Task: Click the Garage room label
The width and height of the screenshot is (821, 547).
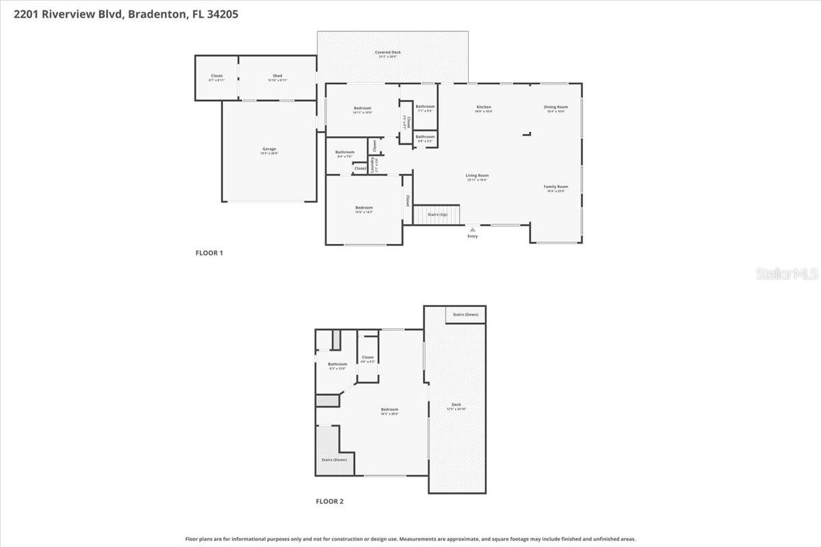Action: tap(269, 148)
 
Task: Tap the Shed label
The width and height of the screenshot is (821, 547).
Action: tap(277, 76)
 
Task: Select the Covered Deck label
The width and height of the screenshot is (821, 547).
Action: tap(387, 52)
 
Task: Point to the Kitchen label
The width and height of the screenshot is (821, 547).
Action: tap(484, 107)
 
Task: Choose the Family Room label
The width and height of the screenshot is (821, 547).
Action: tap(556, 187)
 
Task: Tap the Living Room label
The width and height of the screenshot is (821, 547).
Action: tap(477, 175)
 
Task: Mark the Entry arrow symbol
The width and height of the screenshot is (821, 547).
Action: tap(472, 229)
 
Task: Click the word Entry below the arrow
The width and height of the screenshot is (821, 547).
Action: tap(473, 237)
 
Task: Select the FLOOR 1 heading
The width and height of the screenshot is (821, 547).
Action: tap(209, 253)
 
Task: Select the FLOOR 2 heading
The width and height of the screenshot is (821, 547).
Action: tap(329, 501)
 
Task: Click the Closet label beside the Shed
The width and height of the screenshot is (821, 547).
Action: tap(216, 76)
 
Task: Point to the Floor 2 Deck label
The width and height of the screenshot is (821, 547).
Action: tap(456, 404)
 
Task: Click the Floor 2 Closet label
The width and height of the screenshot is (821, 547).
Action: tap(367, 357)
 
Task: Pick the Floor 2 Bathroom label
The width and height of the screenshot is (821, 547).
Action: tap(337, 364)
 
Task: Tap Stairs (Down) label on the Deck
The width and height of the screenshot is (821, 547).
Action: tap(466, 315)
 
